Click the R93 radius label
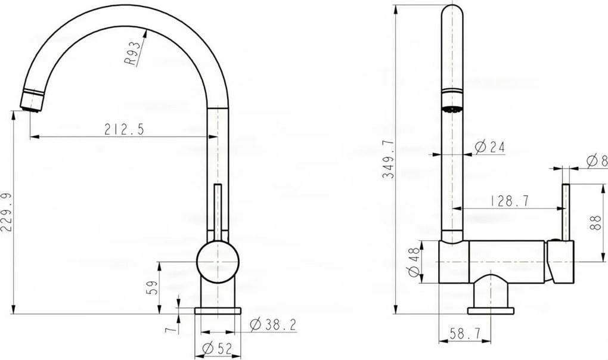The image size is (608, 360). (x=131, y=55)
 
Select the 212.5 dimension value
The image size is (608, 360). (x=124, y=129)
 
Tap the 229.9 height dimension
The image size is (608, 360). (x=6, y=212)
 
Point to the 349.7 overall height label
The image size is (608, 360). (x=388, y=159)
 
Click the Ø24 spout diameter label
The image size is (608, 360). (x=490, y=147)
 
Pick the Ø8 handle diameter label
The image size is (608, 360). (x=597, y=160)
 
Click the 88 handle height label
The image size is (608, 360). (x=595, y=223)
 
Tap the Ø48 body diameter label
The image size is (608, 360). (x=414, y=262)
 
